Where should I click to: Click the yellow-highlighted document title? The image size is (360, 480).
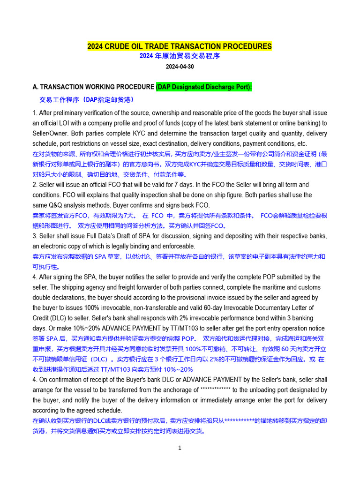[180, 46]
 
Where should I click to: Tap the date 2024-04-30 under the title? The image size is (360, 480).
[180, 67]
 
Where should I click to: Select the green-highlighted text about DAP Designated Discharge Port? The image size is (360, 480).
[204, 87]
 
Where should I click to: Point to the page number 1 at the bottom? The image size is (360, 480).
[180, 448]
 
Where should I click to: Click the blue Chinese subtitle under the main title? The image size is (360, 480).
[180, 56]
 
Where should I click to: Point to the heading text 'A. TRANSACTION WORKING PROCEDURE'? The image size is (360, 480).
[93, 87]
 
